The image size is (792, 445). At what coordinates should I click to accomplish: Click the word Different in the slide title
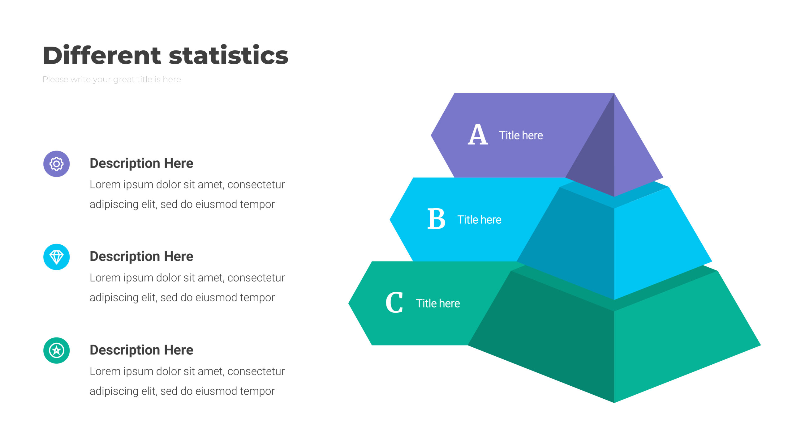point(102,55)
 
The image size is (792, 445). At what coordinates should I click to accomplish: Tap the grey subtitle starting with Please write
point(112,79)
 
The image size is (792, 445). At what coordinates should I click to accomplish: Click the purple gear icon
point(56,164)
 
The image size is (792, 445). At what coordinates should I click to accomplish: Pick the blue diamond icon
point(56,257)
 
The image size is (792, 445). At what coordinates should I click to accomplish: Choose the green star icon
point(56,350)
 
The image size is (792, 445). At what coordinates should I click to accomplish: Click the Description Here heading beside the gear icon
point(141,163)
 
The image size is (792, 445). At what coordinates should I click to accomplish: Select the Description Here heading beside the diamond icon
point(141,256)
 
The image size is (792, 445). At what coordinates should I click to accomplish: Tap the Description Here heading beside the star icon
point(141,350)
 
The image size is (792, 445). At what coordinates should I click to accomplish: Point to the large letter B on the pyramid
point(436,219)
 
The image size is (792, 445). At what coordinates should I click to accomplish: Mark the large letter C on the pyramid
point(394,303)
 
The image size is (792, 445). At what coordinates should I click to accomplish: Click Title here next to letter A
point(521,135)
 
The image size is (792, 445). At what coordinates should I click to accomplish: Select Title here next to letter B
point(479,220)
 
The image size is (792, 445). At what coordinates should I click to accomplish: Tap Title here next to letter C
point(438,303)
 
